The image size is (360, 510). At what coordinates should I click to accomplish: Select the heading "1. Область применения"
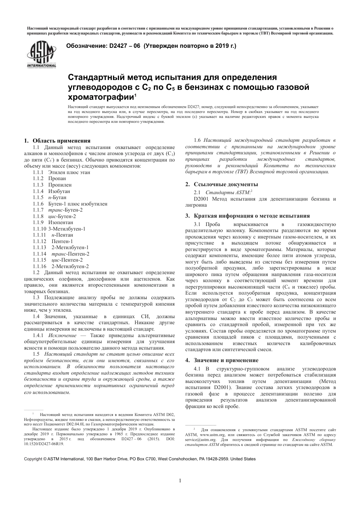[x=57, y=141]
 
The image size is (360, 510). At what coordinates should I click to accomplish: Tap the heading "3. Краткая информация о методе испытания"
[x=247, y=216]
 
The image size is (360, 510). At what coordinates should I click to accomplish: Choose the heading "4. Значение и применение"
[x=221, y=360]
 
